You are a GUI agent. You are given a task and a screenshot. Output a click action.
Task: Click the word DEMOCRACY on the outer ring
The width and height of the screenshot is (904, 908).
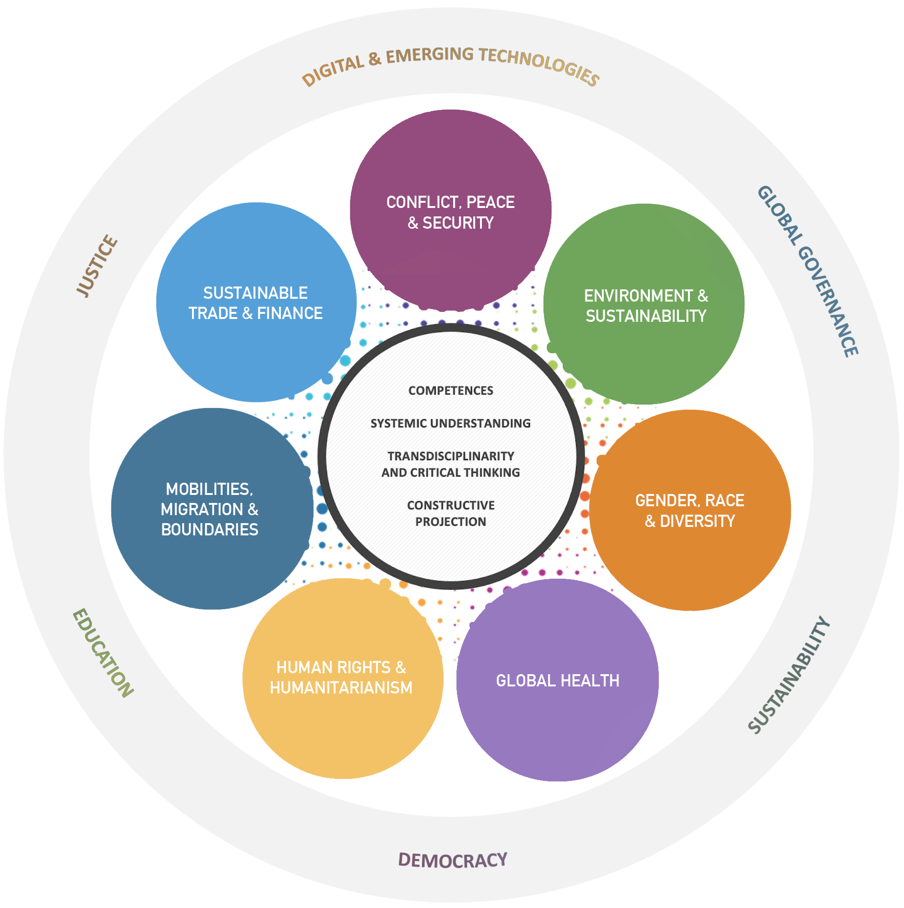click(x=452, y=860)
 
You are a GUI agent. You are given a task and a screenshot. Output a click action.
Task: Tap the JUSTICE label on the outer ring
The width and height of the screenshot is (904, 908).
click(x=97, y=266)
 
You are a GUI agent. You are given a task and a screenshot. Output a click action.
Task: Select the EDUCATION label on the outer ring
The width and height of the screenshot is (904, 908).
click(x=103, y=653)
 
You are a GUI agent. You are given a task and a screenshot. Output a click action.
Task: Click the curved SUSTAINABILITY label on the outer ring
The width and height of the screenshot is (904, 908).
click(x=789, y=675)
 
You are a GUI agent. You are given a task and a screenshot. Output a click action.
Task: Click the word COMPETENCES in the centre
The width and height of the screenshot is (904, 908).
click(x=450, y=390)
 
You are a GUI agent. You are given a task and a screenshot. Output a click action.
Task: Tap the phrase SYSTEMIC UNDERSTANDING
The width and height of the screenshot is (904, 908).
click(x=450, y=423)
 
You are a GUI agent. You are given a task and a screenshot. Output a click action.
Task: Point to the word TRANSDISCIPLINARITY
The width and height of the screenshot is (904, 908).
click(x=450, y=456)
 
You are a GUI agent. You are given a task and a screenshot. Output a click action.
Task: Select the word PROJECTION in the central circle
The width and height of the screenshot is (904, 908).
click(x=450, y=522)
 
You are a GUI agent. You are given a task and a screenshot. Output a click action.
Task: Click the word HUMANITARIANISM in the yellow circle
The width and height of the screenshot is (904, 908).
click(x=341, y=688)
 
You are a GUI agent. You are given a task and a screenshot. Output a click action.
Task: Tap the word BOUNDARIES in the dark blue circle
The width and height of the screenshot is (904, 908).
click(x=210, y=530)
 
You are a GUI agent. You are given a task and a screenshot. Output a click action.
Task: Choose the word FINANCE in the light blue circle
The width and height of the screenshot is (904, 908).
click(x=289, y=313)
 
